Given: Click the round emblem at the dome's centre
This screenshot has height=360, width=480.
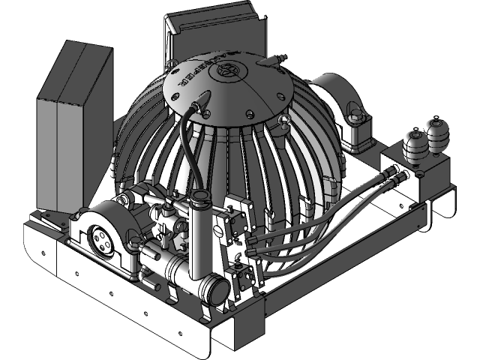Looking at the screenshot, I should pos(224,71).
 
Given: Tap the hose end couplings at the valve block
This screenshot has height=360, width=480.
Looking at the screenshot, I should pos(395,177).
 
